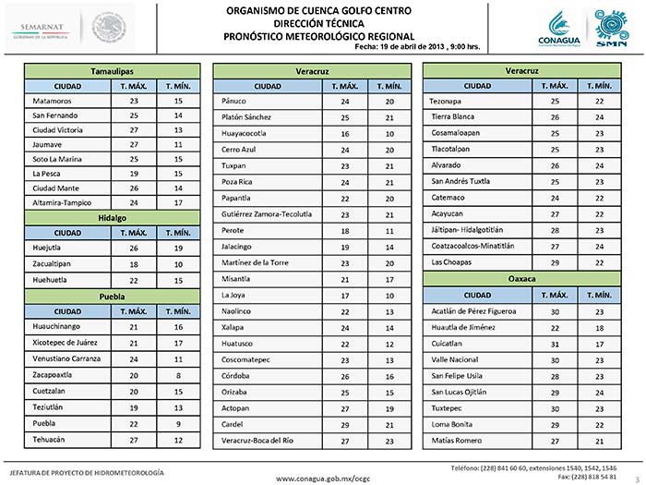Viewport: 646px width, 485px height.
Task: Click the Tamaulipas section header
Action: point(113,70)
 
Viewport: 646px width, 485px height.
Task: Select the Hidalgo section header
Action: point(113,218)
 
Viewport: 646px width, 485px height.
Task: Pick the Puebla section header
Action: point(113,296)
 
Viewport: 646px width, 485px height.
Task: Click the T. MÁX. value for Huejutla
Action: point(134,248)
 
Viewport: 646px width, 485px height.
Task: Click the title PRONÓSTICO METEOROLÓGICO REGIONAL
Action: point(322,33)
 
